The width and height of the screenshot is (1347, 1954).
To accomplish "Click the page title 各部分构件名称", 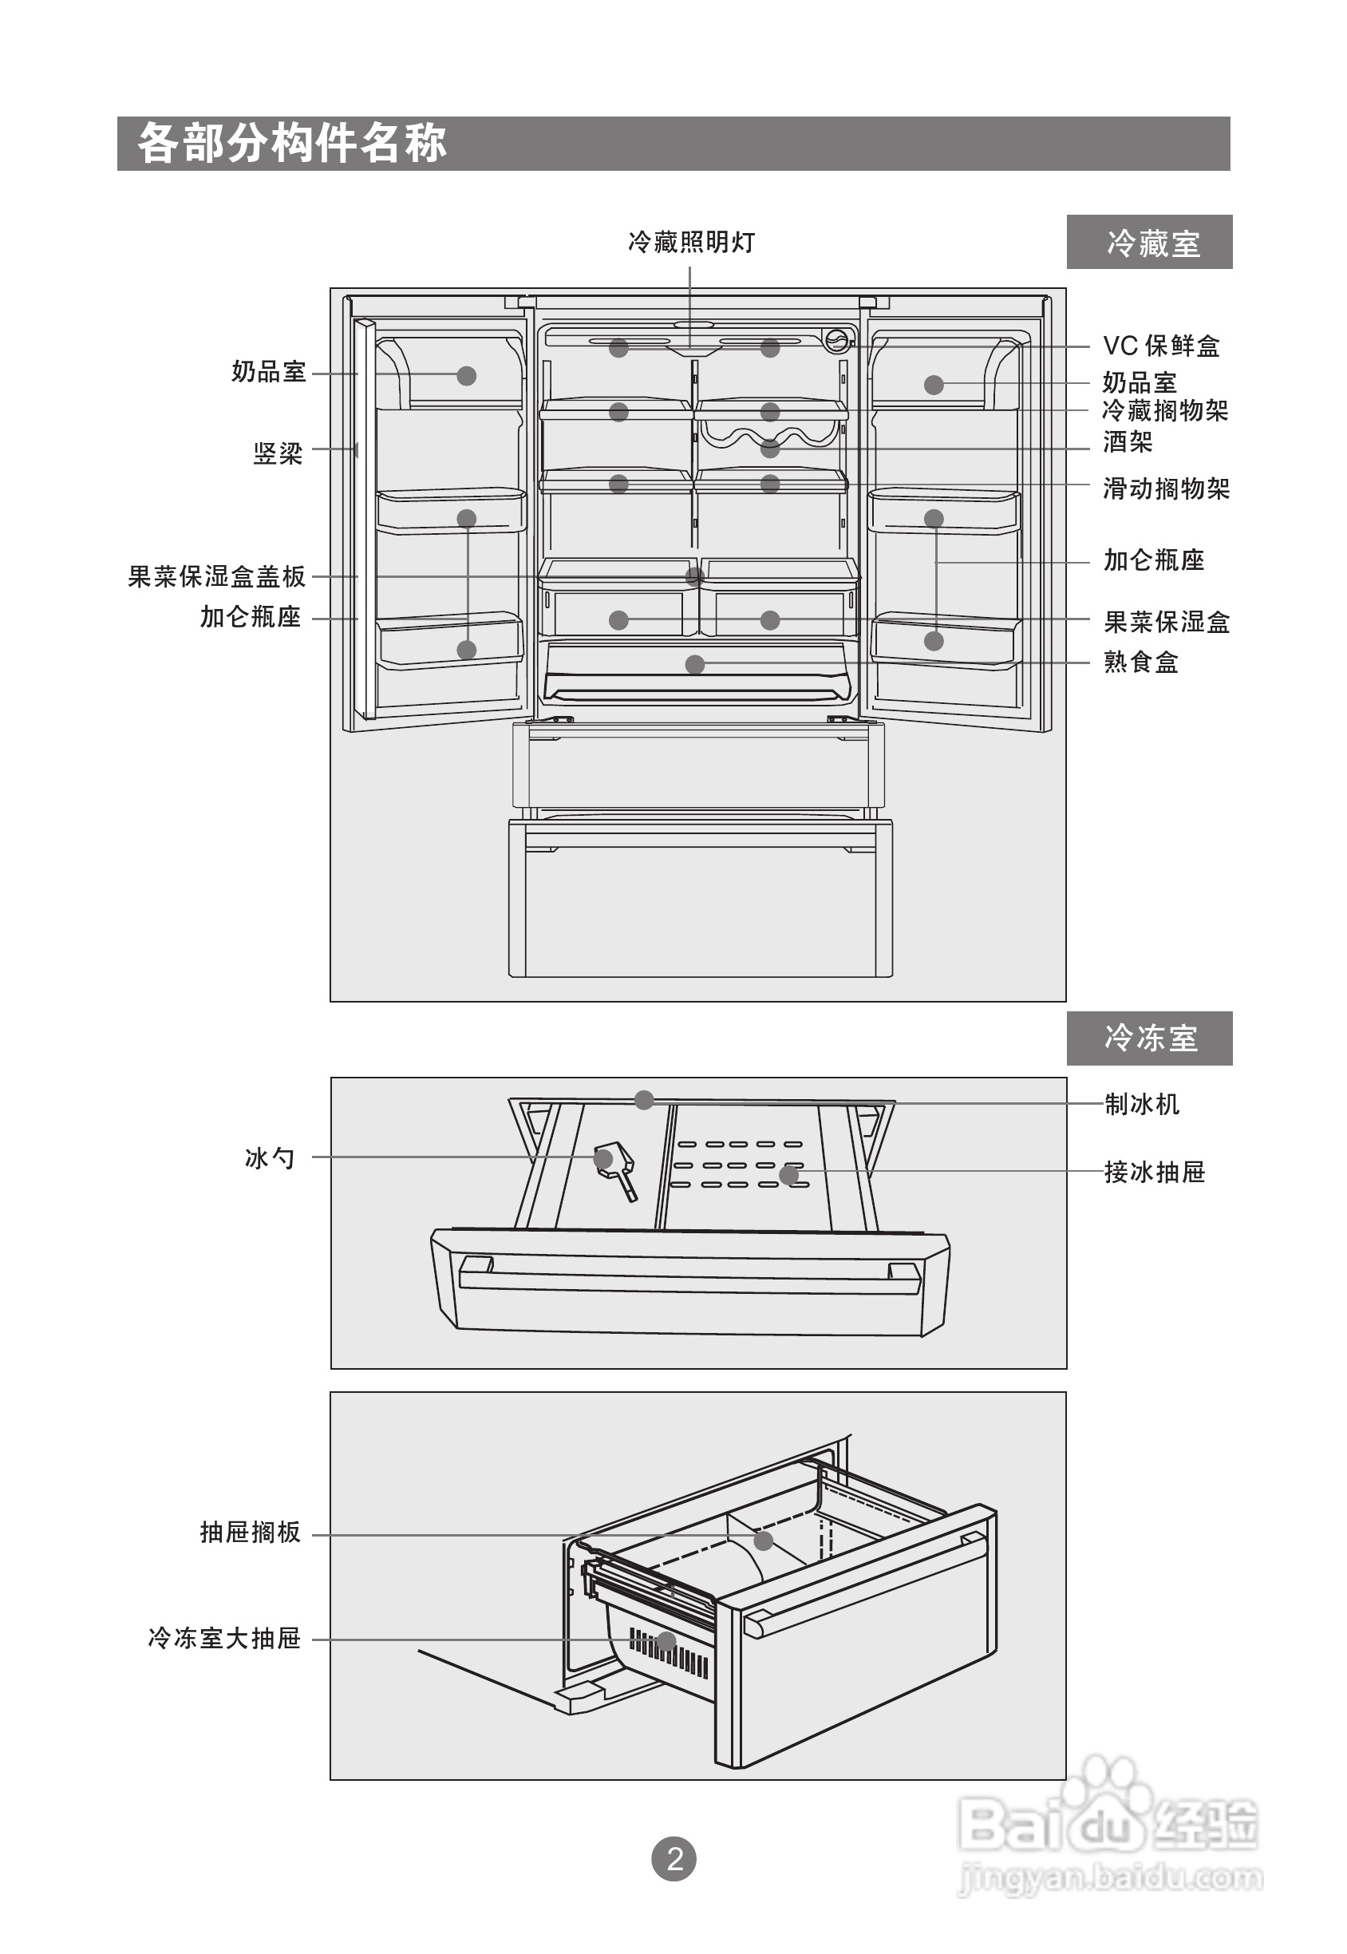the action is tap(292, 143).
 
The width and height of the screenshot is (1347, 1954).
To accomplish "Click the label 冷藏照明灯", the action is tap(691, 242).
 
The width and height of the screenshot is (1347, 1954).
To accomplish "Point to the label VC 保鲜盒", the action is tap(1161, 345).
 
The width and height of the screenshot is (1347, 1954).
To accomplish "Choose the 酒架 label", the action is tap(1128, 441).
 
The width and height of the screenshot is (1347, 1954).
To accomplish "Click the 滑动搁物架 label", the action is tap(1167, 488).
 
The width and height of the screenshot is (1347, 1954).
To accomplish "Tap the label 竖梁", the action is tap(278, 453).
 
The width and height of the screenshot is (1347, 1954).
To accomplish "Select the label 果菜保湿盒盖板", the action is tap(217, 576).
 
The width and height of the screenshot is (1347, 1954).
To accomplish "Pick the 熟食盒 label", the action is tap(1141, 662).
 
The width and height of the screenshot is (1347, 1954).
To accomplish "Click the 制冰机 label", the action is tap(1142, 1103).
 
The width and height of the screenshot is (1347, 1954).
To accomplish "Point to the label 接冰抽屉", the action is tap(1155, 1172).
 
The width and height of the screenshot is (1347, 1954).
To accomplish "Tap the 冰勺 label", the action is tap(270, 1158).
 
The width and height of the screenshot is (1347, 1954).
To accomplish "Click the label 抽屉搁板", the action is tap(251, 1532).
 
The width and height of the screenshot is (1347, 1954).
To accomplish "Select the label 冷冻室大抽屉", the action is tap(224, 1639).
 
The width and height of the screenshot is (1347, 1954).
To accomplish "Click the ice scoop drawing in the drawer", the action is tap(617, 1170).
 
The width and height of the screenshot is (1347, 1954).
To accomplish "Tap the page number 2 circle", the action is tap(674, 1859).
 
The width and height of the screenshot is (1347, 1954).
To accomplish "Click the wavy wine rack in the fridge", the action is tap(769, 437).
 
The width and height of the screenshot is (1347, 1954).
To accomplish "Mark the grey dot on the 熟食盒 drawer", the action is tap(694, 664).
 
